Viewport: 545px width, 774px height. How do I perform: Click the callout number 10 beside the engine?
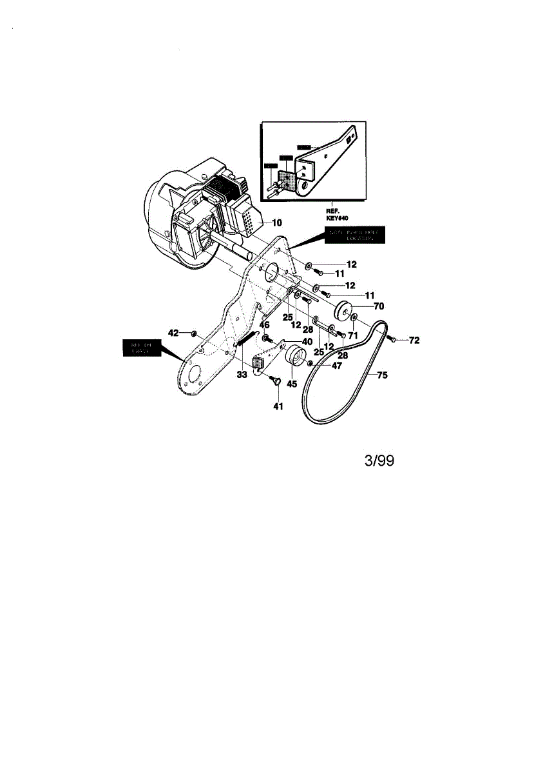(x=277, y=223)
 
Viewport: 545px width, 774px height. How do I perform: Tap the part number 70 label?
(x=379, y=306)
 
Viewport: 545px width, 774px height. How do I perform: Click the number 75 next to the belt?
(x=382, y=375)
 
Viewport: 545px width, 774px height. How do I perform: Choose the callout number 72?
(x=414, y=340)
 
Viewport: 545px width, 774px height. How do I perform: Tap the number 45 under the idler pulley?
(x=292, y=384)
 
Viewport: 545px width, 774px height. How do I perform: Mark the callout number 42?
(x=173, y=333)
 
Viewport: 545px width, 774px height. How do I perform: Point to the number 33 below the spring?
(x=242, y=374)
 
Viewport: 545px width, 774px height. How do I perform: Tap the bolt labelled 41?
(x=276, y=381)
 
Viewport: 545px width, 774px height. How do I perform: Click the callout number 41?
(x=278, y=406)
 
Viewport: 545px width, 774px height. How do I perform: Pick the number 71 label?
(x=353, y=335)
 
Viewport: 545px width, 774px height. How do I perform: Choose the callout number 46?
(x=264, y=325)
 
